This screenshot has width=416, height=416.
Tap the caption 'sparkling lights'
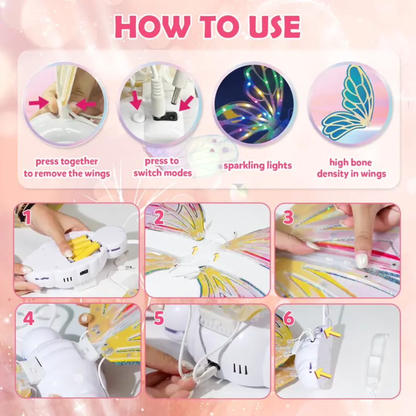point(258,166)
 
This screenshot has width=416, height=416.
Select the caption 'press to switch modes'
point(162,167)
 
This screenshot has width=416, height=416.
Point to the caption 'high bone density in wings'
point(351,168)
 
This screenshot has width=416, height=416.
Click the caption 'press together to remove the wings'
point(67,168)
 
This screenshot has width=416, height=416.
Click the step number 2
point(159,218)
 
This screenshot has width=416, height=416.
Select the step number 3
point(289,217)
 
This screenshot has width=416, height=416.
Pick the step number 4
point(29,319)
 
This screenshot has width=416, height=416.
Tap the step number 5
point(159,319)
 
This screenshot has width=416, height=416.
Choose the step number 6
point(289,319)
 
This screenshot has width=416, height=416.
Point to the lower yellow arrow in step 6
point(323,373)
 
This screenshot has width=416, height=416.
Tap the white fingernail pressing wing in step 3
point(361,260)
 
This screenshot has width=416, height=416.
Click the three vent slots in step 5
point(240,369)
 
